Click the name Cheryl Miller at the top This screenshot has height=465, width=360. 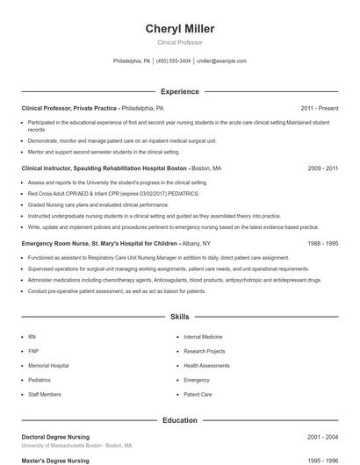coord(179,29)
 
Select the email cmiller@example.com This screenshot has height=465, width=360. coord(221,61)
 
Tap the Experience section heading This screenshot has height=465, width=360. coord(179,91)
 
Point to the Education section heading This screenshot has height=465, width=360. coord(179,420)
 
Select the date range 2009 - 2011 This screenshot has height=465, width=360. coord(323,168)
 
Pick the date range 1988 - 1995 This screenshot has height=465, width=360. coord(323,243)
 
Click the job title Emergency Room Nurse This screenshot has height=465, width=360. coord(61,243)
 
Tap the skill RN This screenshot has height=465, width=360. coord(32,336)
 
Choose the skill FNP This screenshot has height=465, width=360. coord(33,351)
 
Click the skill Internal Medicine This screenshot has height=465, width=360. coord(203,336)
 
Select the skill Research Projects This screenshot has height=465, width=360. coord(204,351)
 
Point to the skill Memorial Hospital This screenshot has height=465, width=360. coord(48,366)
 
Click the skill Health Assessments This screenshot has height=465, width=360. coord(206,366)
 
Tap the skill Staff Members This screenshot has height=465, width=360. coord(45,396)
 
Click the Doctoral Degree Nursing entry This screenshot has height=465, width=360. coord(54,436)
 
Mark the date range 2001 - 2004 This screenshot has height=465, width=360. coord(323,436)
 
